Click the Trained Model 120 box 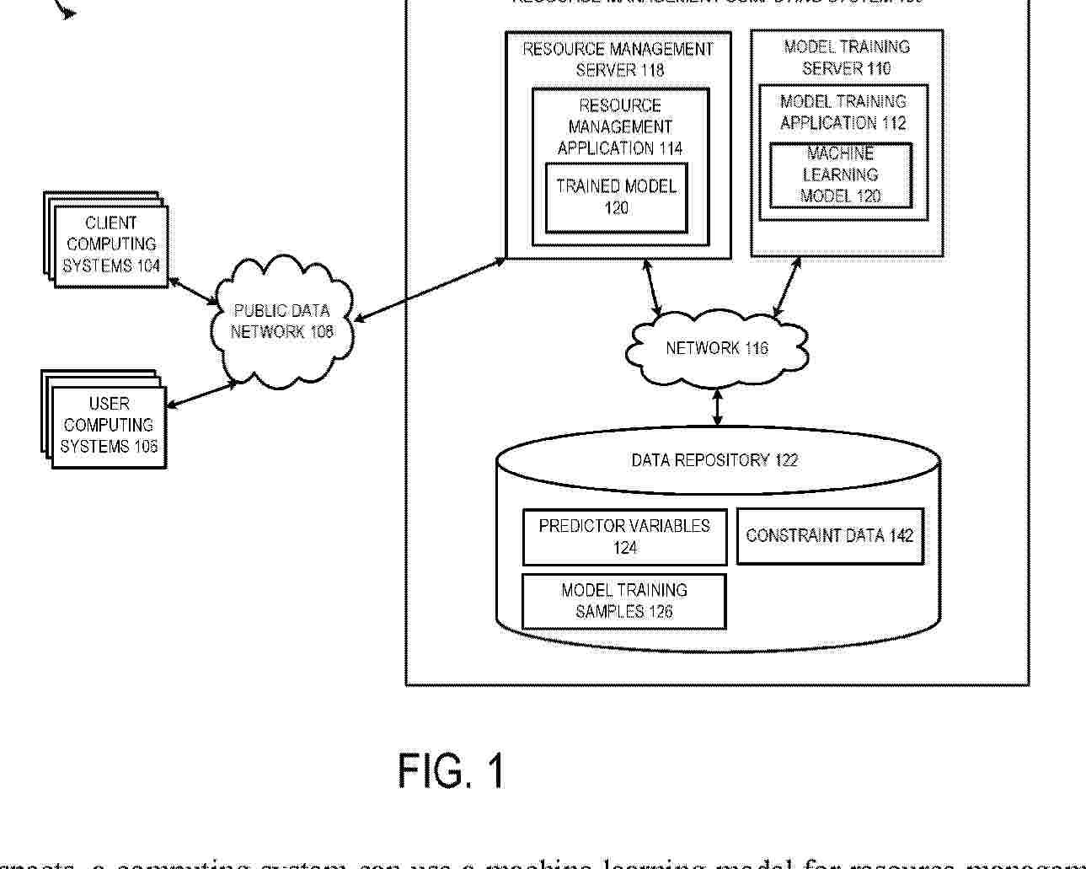click(616, 197)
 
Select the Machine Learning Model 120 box click(840, 175)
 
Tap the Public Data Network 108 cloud click(281, 322)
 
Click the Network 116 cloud click(716, 348)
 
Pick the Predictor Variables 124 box click(624, 537)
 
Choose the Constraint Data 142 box click(830, 536)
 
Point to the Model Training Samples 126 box click(624, 601)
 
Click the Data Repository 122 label click(714, 460)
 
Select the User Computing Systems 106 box click(109, 426)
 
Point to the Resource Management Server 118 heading click(618, 59)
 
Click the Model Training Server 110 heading click(847, 57)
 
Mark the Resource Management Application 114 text click(620, 126)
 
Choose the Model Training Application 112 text click(843, 112)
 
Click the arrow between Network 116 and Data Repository click(717, 406)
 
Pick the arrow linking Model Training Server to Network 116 click(788, 287)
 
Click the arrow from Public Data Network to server click(430, 290)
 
